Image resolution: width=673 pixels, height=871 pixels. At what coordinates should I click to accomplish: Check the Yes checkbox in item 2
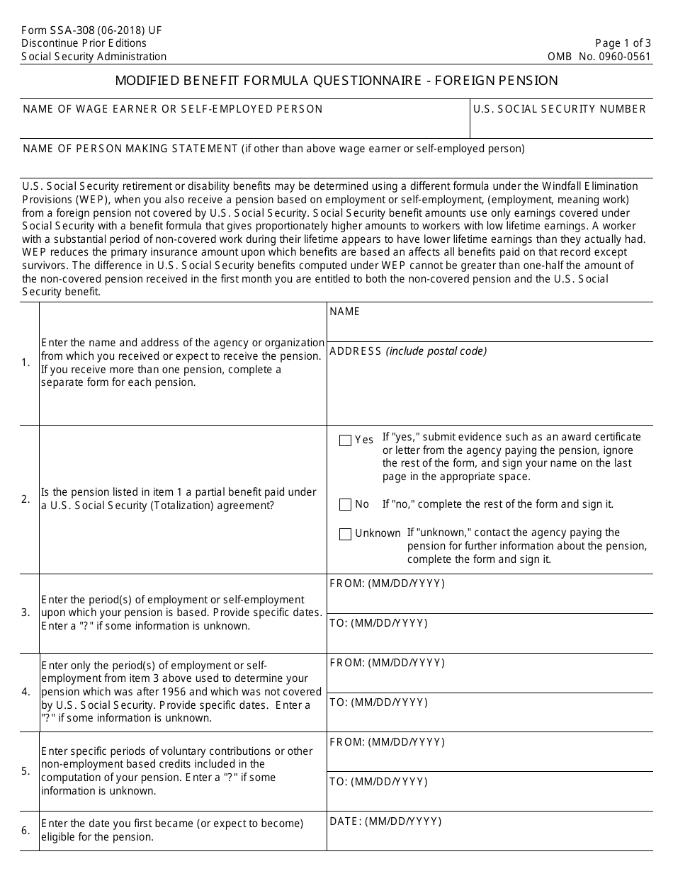(x=345, y=440)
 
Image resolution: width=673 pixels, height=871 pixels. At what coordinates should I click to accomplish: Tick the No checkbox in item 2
(x=345, y=505)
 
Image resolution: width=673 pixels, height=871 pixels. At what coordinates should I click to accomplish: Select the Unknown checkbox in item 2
(x=345, y=534)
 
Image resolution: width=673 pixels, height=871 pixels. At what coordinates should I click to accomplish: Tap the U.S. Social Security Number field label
(x=560, y=109)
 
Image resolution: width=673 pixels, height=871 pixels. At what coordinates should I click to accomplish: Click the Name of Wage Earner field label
(x=173, y=109)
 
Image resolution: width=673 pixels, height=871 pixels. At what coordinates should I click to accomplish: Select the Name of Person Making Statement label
(x=131, y=149)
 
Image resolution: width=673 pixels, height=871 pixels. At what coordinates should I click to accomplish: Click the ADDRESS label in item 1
(x=356, y=351)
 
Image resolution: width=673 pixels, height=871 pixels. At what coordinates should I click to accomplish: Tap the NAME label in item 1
(x=345, y=312)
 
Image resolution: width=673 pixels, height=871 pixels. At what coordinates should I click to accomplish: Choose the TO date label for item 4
(x=379, y=702)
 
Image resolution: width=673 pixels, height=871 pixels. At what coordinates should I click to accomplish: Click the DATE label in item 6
(x=385, y=821)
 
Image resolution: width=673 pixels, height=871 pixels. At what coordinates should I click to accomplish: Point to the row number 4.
(x=26, y=692)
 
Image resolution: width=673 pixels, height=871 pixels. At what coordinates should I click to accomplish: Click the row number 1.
(x=26, y=363)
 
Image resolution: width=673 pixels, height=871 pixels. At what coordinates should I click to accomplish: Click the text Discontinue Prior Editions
(x=84, y=43)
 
